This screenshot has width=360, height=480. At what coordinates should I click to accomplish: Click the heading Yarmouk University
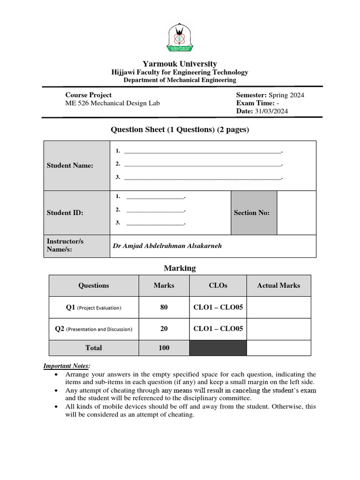[x=180, y=64]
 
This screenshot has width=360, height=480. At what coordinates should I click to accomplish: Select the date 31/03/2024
[x=271, y=111]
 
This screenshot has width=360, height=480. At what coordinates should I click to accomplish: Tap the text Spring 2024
[x=286, y=95]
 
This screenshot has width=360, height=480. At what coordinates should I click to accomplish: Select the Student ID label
[x=65, y=213]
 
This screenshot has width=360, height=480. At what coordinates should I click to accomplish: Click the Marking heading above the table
[x=180, y=269]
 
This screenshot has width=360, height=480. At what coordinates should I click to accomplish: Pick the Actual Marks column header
[x=278, y=285]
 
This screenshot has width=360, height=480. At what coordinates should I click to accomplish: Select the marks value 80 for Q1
[x=164, y=307]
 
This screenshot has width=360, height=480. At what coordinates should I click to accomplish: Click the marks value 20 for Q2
[x=164, y=329]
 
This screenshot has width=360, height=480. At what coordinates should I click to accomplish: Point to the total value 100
[x=164, y=348]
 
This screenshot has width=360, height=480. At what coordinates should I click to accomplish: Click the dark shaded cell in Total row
[x=218, y=348]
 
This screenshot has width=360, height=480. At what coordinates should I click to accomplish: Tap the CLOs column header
[x=218, y=285]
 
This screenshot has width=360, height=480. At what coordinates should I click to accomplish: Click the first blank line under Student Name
[x=202, y=151]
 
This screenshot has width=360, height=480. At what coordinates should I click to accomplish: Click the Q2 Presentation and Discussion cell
[x=94, y=329]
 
